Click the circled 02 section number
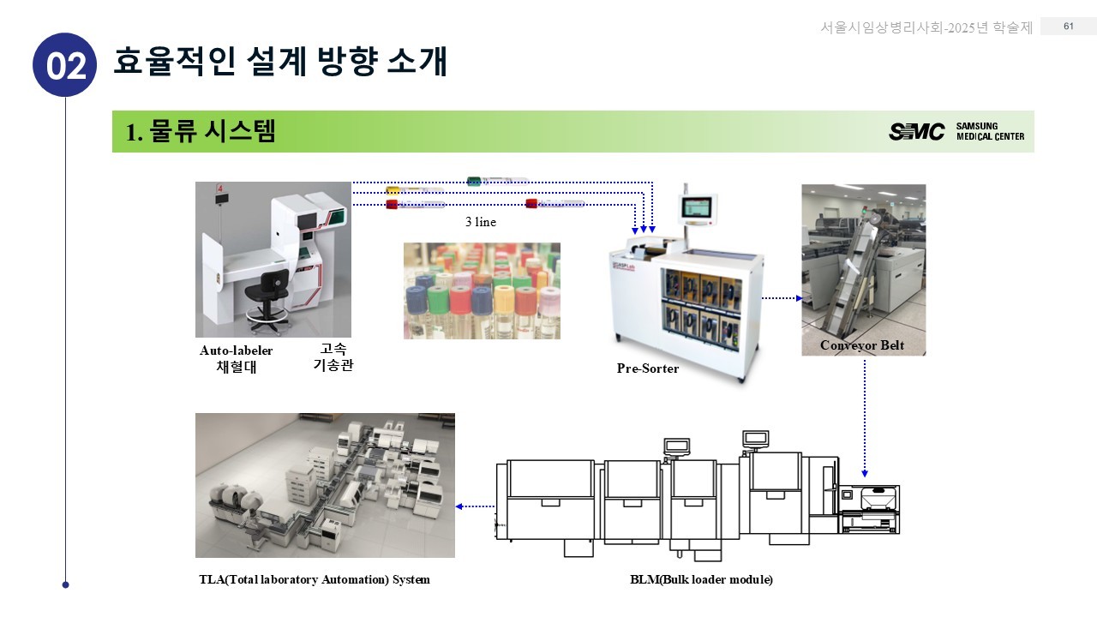tap(64, 65)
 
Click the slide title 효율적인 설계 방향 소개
tap(280, 62)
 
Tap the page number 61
tap(1069, 27)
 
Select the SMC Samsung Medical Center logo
tap(956, 131)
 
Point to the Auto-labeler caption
tap(237, 350)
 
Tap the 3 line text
tap(481, 222)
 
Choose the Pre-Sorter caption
tap(648, 368)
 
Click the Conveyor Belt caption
tap(862, 345)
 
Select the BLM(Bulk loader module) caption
tap(701, 579)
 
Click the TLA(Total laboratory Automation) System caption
tap(315, 579)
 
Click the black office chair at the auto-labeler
tap(267, 296)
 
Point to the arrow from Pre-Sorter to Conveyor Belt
tap(781, 298)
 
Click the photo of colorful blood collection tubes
tap(482, 291)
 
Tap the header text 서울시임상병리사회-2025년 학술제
tap(926, 27)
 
